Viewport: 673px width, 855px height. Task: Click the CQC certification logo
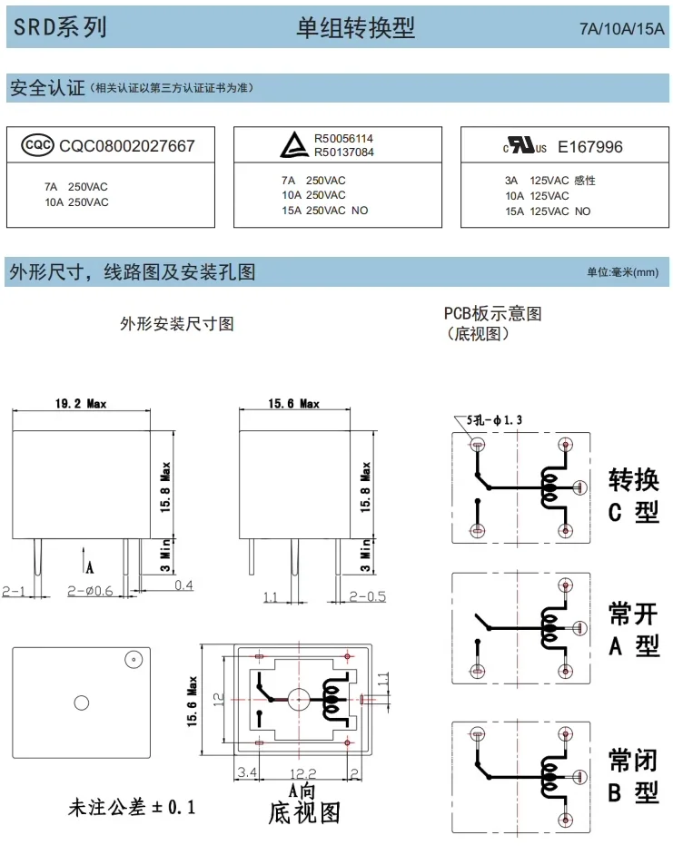pyautogui.click(x=37, y=145)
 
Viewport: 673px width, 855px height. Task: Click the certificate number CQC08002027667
pyautogui.click(x=126, y=145)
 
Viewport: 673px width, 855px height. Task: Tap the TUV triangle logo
pyautogui.click(x=294, y=145)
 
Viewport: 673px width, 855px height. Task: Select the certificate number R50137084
pyautogui.click(x=344, y=152)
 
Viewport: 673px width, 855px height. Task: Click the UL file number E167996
pyautogui.click(x=590, y=147)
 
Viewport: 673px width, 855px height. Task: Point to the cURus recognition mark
pyautogui.click(x=525, y=145)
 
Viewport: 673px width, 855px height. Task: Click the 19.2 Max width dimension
pyautogui.click(x=81, y=404)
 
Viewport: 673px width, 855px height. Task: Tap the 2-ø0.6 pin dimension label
pyautogui.click(x=90, y=591)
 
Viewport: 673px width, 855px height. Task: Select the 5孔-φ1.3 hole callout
pyautogui.click(x=494, y=420)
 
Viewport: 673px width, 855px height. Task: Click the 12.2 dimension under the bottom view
pyautogui.click(x=303, y=773)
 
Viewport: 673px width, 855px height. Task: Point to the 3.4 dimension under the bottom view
pyautogui.click(x=247, y=772)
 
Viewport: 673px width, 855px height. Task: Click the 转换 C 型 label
pyautogui.click(x=634, y=495)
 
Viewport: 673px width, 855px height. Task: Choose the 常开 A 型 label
pyautogui.click(x=634, y=629)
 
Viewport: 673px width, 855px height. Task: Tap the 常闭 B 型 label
pyautogui.click(x=634, y=775)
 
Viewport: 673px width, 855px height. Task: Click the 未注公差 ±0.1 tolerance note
pyautogui.click(x=132, y=807)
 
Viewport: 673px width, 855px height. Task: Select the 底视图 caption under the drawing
pyautogui.click(x=304, y=813)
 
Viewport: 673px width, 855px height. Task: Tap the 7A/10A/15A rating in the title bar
pyautogui.click(x=622, y=28)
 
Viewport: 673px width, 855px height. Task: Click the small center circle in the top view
pyautogui.click(x=82, y=703)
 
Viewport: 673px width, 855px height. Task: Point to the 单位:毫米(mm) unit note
pyautogui.click(x=623, y=272)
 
